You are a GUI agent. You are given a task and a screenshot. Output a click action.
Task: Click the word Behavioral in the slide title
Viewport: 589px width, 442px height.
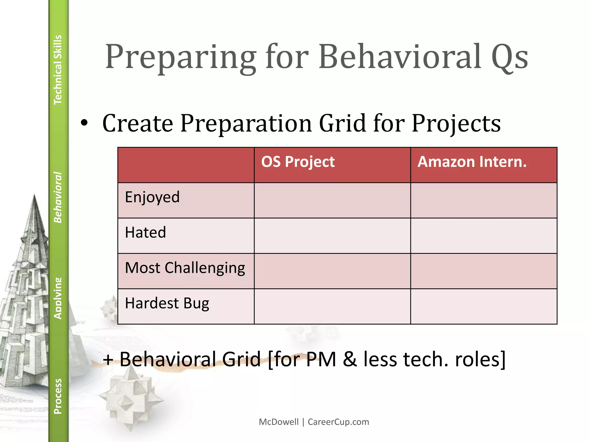400,57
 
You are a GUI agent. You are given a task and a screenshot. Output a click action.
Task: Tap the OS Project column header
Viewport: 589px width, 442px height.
298,162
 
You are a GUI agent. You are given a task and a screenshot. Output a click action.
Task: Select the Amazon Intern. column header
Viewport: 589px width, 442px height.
472,162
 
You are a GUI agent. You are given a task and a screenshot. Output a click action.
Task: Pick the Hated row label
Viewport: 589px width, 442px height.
146,233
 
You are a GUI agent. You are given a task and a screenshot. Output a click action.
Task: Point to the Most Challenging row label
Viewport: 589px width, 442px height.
185,268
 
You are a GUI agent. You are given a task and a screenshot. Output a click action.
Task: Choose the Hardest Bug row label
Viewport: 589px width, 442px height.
167,304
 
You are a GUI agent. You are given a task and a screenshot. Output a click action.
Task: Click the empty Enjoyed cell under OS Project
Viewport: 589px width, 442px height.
332,200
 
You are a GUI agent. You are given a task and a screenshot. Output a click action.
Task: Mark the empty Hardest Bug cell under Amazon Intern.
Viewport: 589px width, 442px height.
483,306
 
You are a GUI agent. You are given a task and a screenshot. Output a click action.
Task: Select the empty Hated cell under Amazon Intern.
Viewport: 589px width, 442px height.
483,236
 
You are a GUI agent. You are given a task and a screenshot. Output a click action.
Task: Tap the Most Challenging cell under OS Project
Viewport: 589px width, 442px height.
332,271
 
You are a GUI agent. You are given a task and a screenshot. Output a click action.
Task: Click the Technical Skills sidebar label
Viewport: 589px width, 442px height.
58,70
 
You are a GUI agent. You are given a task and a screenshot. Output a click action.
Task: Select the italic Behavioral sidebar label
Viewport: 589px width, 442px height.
58,197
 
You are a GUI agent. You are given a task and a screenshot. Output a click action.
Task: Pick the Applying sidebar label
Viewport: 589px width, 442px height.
58,298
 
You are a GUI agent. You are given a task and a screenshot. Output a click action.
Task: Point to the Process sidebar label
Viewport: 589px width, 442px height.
58,396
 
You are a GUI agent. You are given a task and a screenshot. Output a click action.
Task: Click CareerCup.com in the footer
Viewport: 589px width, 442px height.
338,422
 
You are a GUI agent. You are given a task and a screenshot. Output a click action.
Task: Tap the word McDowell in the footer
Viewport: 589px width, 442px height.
278,422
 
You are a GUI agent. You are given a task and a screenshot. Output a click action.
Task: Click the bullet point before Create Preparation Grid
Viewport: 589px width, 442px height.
84,123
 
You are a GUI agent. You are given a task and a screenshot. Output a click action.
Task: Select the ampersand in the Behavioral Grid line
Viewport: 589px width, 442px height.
350,359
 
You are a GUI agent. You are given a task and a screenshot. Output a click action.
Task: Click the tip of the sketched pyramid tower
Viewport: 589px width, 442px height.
35,196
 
